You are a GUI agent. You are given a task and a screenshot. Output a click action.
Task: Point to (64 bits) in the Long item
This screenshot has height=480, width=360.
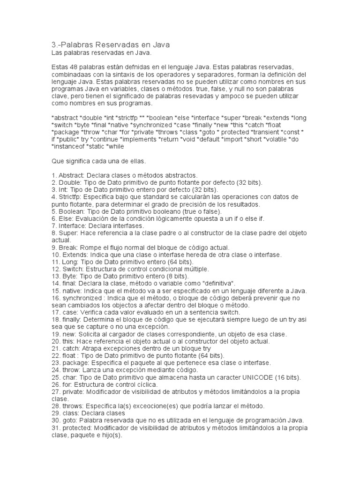pyautogui.click(x=175, y=261)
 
